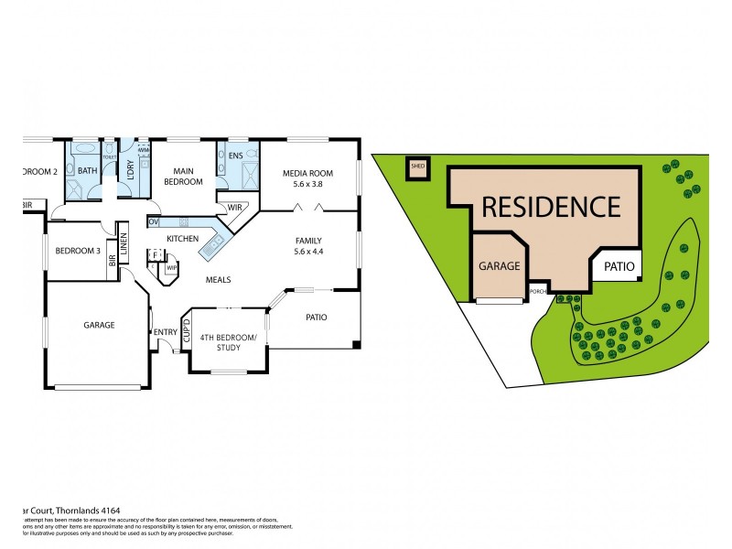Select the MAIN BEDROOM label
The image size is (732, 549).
coord(183,176)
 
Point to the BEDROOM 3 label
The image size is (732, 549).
coord(78,251)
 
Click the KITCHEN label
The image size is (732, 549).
coord(182,239)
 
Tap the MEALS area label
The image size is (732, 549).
coord(218,280)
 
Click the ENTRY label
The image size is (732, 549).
coord(166,332)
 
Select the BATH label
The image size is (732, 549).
coord(87,171)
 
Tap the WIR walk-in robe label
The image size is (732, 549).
coord(234,207)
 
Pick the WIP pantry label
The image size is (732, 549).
coord(171,268)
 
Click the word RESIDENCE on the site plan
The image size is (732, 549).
coord(551,207)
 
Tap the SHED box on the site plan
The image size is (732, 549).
coord(418,167)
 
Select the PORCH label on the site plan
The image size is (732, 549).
coord(538,292)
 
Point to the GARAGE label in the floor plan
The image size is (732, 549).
coord(98,325)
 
